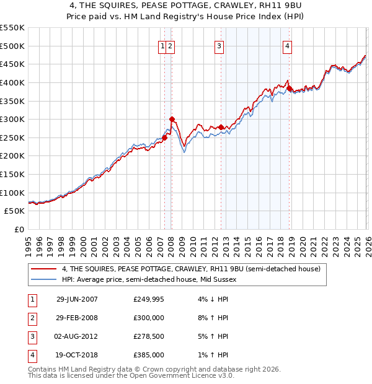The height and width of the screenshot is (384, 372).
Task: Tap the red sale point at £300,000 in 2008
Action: [172, 119]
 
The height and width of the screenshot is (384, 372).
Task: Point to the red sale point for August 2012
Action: [221, 127]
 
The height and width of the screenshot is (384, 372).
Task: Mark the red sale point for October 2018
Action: [289, 88]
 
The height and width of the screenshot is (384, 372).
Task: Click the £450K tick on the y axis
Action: [12, 64]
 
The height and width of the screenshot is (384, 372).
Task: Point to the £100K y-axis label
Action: [12, 193]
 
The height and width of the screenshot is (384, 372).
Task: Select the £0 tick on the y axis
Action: [19, 229]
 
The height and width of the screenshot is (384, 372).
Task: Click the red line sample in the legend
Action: [43, 269]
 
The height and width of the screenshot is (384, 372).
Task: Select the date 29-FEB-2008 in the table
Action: [77, 317]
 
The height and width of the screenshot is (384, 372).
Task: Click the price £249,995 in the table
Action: [149, 299]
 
